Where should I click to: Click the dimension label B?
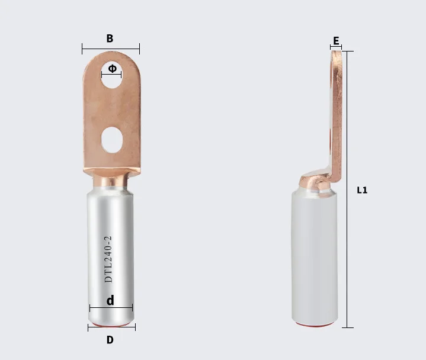[110, 38]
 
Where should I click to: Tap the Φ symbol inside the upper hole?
[112, 69]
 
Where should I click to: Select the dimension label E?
[336, 41]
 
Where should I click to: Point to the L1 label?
[362, 190]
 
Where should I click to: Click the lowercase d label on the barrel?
[110, 301]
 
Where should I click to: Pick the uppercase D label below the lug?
[110, 340]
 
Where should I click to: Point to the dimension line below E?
[336, 47]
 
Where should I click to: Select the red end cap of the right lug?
[317, 325]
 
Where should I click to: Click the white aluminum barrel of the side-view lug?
[316, 255]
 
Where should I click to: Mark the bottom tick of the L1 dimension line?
[348, 327]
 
